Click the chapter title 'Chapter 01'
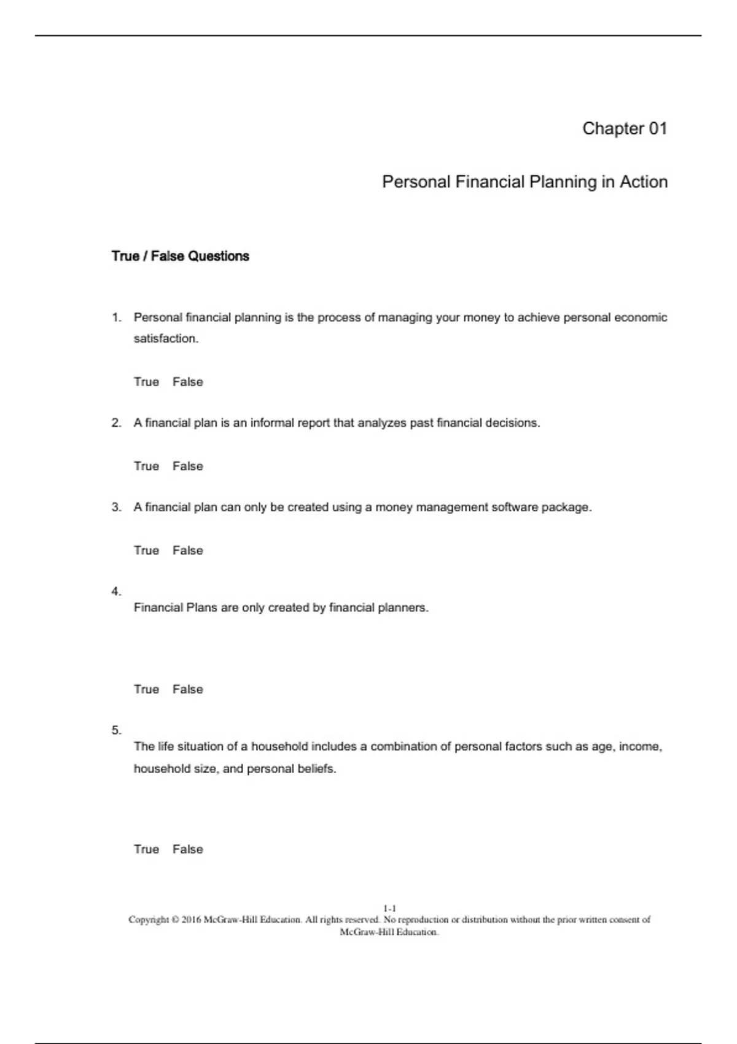(624, 128)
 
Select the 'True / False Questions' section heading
(180, 256)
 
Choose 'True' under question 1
(146, 382)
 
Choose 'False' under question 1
(187, 382)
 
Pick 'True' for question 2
(146, 466)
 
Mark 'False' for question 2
(187, 466)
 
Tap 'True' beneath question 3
(146, 550)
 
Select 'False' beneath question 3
(187, 550)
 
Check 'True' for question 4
(146, 689)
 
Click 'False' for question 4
(187, 689)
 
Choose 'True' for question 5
(146, 849)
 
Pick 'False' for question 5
(187, 849)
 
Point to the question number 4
(116, 591)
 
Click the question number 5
(116, 730)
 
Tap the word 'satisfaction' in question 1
(165, 338)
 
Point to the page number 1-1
(389, 908)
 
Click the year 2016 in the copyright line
(191, 920)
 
